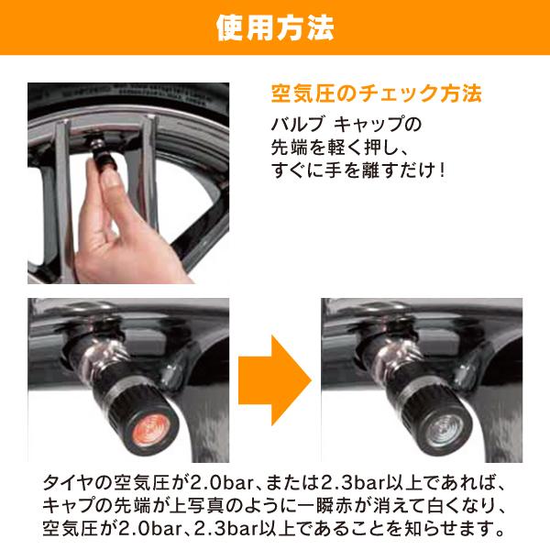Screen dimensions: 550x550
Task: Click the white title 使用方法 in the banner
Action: [x=275, y=27]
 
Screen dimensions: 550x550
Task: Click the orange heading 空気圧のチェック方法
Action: [x=377, y=94]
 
